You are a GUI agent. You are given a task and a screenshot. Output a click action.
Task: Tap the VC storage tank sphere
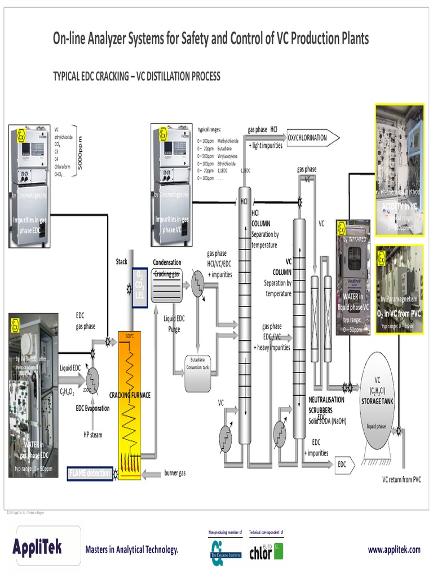pos(377,401)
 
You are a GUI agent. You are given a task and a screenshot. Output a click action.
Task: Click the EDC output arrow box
pos(343,465)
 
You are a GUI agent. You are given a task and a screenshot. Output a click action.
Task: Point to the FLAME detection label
pos(89,473)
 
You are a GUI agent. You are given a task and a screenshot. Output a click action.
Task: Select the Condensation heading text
pos(167,262)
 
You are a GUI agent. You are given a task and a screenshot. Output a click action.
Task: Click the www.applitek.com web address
pos(394,549)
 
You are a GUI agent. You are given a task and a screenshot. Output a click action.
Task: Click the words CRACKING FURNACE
pos(130,395)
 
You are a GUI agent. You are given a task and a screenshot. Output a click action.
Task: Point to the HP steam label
pos(92,435)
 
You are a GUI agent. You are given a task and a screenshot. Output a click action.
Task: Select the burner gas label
pos(175,473)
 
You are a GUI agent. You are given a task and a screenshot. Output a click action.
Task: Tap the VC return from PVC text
pos(401,480)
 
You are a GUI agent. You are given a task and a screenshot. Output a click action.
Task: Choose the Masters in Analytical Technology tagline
pos(131,550)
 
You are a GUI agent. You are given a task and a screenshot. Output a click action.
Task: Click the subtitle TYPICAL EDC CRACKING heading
pos(136,76)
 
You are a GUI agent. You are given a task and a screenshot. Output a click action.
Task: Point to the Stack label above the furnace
pos(122,261)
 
